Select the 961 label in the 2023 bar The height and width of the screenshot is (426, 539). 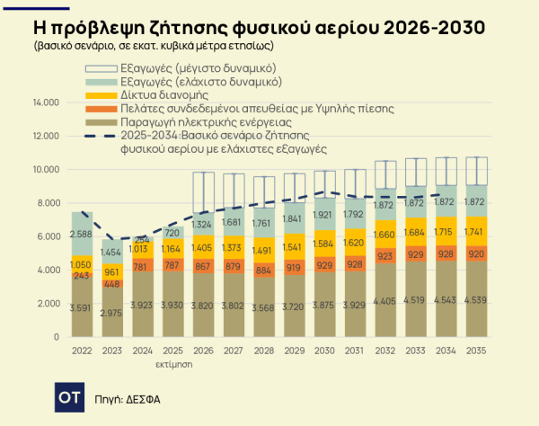click(112, 271)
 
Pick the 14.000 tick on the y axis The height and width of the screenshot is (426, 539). click(45, 102)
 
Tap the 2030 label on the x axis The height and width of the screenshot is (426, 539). click(323, 350)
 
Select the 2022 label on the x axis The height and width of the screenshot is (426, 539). click(83, 350)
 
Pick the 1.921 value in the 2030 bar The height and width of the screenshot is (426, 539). click(323, 215)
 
